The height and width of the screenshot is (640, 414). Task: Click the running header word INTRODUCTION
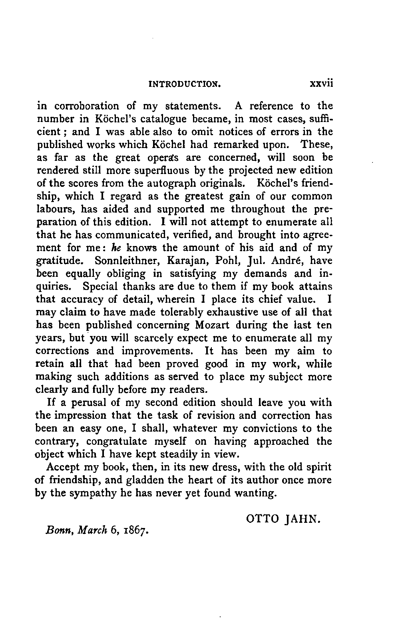[185, 84]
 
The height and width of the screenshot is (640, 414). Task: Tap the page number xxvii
[321, 84]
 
